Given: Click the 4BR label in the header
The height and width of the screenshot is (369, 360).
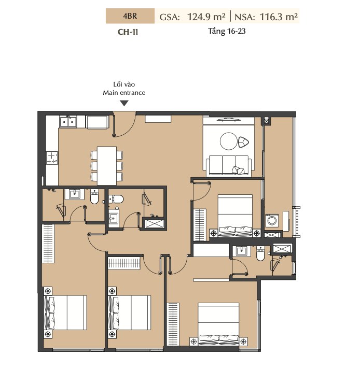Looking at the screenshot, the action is pyautogui.click(x=130, y=16).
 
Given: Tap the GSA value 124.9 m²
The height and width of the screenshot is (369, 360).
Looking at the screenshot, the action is pyautogui.click(x=206, y=17).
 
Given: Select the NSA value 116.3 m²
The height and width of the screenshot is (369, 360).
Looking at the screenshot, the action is pyautogui.click(x=279, y=17).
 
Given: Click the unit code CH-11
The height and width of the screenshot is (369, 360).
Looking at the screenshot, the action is pyautogui.click(x=128, y=32).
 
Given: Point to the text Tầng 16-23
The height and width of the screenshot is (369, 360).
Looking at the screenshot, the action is pyautogui.click(x=227, y=31).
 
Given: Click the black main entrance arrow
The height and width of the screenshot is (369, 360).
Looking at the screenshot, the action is pyautogui.click(x=124, y=103).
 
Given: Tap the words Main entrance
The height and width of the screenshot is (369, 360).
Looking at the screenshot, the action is pyautogui.click(x=124, y=92).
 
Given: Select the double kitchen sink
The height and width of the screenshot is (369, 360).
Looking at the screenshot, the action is pyautogui.click(x=68, y=122).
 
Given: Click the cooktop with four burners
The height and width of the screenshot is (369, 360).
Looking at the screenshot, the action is pyautogui.click(x=52, y=158).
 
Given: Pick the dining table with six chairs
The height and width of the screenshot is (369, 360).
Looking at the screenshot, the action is pyautogui.click(x=107, y=165).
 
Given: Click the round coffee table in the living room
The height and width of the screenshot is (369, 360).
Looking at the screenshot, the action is pyautogui.click(x=229, y=141).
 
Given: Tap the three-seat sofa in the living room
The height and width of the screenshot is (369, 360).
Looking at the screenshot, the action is pyautogui.click(x=229, y=165).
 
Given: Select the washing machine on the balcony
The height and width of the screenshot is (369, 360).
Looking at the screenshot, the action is pyautogui.click(x=272, y=220).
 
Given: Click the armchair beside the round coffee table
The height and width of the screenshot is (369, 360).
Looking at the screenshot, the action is pyautogui.click(x=243, y=142).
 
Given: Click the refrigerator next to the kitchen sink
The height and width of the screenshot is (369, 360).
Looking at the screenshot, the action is pyautogui.click(x=98, y=122).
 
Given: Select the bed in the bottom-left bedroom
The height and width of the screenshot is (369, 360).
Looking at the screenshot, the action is pyautogui.click(x=65, y=313).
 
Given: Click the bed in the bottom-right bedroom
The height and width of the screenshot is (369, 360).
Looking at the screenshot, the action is pyautogui.click(x=218, y=324).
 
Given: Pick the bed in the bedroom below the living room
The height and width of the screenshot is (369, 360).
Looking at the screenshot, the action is pyautogui.click(x=235, y=215).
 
